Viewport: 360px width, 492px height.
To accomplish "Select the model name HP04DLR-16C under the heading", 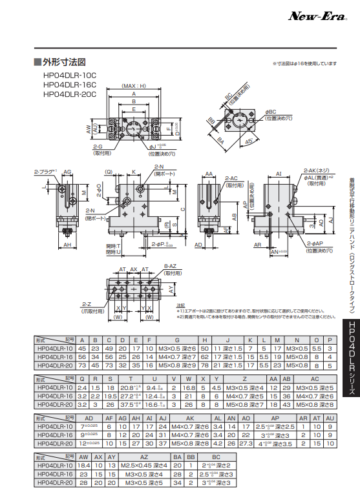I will coord(69,84).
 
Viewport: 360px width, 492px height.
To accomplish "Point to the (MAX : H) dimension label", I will coord(134,86).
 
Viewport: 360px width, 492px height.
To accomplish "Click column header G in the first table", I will coord(178,358).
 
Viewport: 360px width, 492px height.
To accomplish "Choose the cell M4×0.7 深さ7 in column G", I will coord(178,373).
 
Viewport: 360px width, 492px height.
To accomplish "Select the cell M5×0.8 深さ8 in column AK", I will coord(189,444).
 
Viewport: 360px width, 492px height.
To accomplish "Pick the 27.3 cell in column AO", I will coord(246,444).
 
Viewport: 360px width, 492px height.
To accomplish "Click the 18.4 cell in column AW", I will coord(83,464).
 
